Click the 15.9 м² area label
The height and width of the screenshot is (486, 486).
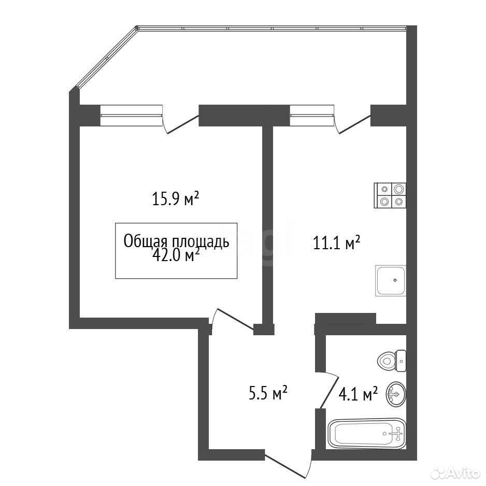175,198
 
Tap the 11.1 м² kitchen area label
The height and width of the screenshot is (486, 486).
337,242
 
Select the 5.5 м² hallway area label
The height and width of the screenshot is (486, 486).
268,393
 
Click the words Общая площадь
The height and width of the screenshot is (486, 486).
176,241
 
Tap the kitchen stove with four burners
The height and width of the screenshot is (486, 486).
390,195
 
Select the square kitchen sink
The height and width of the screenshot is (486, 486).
391,280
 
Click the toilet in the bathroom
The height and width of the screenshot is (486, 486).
392,361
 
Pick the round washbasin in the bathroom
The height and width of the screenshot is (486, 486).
396,394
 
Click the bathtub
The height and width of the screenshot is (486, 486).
366,434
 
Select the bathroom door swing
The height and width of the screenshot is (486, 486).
329,390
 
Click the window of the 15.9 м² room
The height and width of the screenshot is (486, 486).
132,116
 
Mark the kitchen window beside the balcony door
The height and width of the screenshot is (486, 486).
312,116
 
